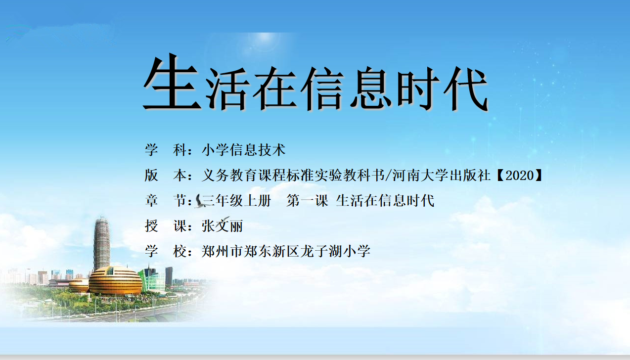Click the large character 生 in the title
click(172, 82)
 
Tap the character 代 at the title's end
click(465, 89)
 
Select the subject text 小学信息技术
click(244, 150)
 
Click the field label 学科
click(169, 150)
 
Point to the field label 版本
click(169, 175)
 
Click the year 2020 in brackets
click(520, 175)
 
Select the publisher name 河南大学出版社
click(442, 175)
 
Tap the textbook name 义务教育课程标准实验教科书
click(293, 175)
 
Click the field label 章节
click(169, 201)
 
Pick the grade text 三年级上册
click(236, 201)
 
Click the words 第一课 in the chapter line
click(308, 201)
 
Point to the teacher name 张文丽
click(222, 226)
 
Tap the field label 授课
click(169, 226)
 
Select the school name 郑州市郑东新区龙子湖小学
click(286, 251)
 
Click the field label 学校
click(169, 251)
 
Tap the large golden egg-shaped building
click(116, 280)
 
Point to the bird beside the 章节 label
click(200, 201)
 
